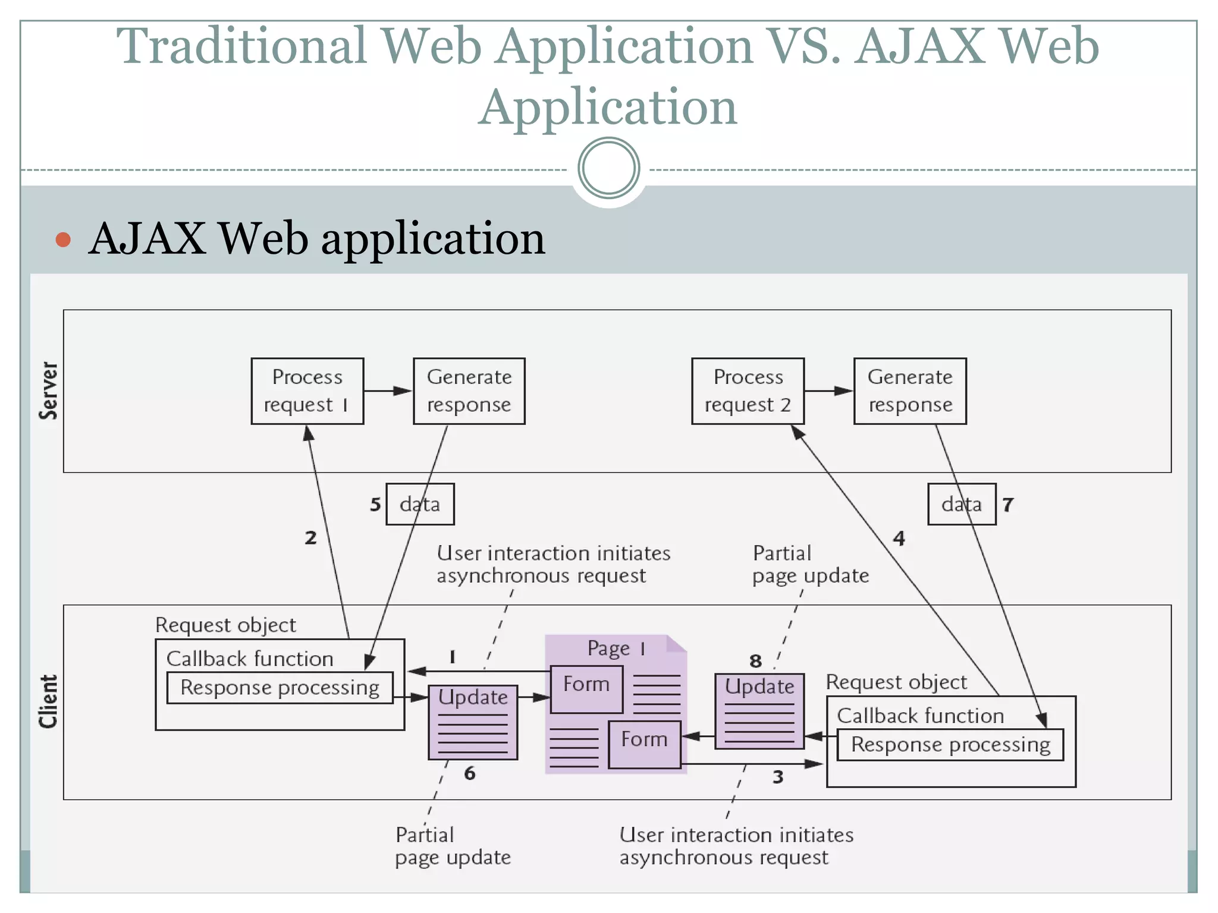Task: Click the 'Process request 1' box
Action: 307,391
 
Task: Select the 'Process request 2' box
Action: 748,391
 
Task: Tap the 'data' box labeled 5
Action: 420,504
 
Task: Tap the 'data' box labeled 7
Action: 961,504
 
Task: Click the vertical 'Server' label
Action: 49,391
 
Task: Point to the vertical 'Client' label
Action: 49,701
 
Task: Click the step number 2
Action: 310,538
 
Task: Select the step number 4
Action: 899,539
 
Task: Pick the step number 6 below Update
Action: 470,773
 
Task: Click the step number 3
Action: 778,777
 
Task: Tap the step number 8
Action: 755,661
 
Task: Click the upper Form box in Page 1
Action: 586,689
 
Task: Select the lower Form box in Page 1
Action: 644,744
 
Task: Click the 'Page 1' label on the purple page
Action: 616,648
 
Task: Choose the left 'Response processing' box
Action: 280,688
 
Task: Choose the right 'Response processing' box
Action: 950,745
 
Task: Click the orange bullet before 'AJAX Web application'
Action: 63,240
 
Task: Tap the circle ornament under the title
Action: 608,168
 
